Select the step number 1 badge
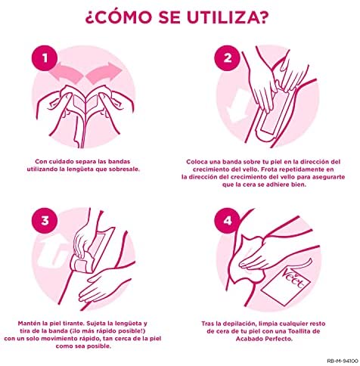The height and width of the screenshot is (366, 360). (45, 58)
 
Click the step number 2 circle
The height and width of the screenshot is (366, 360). (228, 58)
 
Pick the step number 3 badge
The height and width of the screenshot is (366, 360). (45, 221)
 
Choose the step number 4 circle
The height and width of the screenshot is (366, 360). (228, 221)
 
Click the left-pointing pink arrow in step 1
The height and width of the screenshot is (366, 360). (66, 73)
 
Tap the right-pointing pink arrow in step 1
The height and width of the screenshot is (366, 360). (104, 73)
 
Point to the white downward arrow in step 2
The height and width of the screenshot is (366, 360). (237, 106)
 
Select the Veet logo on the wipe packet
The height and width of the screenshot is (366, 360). (293, 279)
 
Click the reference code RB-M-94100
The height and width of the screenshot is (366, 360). (343, 361)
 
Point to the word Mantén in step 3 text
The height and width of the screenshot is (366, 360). (29, 324)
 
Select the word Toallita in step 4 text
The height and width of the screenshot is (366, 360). (296, 331)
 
